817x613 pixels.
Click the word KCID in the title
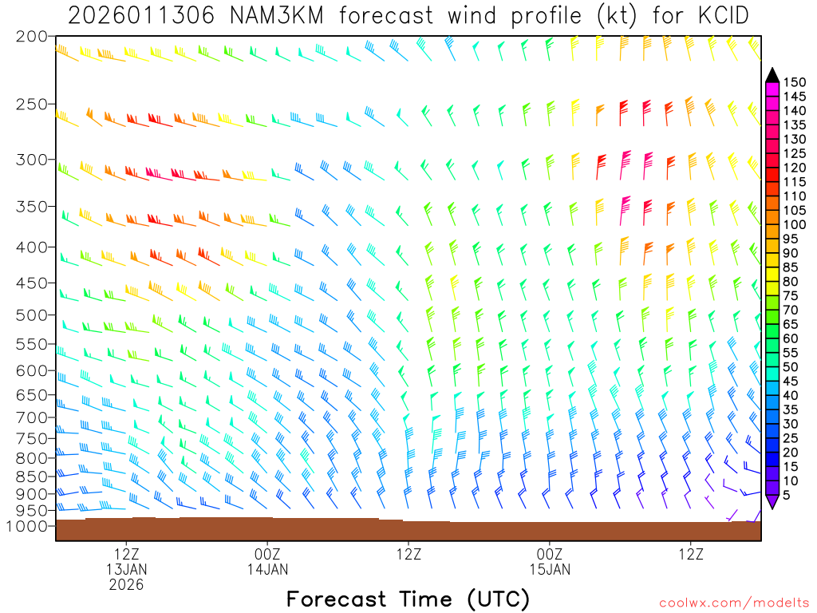721,15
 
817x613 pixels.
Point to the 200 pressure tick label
33,37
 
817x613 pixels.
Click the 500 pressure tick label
33,314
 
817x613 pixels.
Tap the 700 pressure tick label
33,417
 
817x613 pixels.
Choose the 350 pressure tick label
33,207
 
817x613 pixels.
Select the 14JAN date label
267,570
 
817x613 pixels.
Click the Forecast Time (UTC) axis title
408,599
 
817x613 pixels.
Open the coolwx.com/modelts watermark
734,603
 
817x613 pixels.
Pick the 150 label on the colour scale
794,82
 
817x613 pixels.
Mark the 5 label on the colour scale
787,495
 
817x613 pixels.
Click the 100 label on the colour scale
794,225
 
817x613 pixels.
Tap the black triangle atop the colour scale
772,75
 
